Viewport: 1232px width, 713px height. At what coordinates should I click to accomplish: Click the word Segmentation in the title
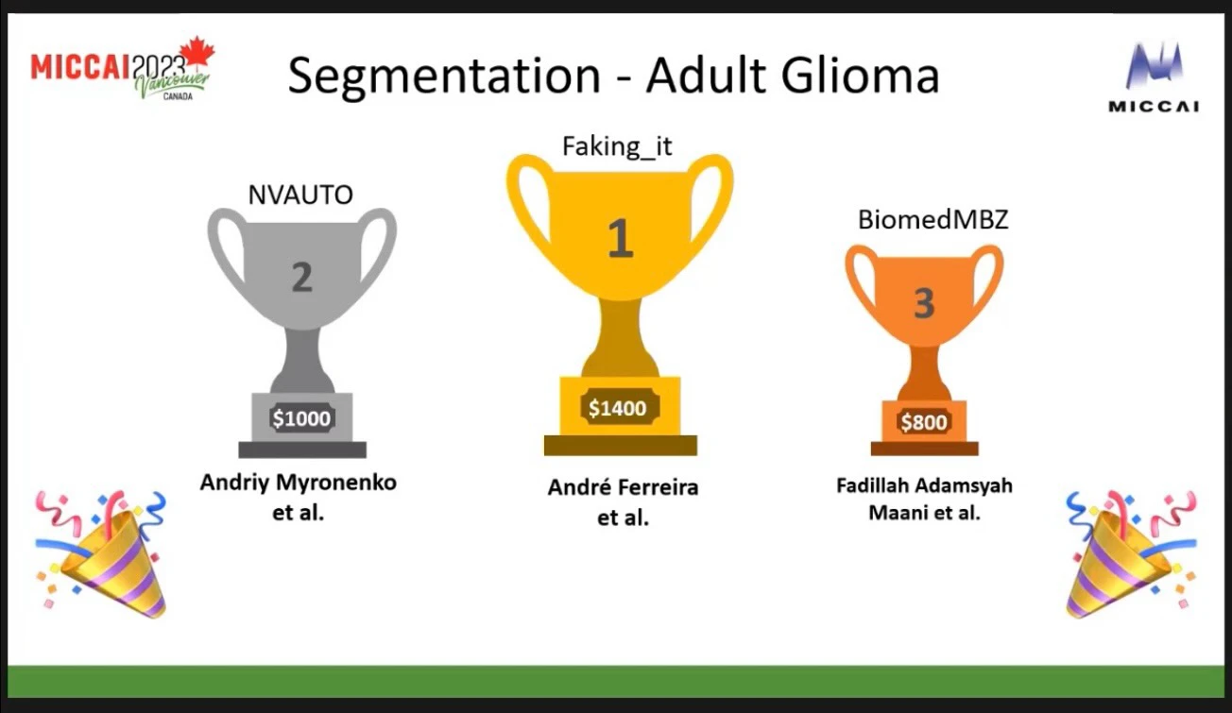click(444, 76)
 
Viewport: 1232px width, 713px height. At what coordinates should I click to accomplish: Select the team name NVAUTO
click(300, 195)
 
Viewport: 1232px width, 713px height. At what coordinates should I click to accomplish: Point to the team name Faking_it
click(617, 147)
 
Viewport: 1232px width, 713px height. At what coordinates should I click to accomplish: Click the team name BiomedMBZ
click(933, 219)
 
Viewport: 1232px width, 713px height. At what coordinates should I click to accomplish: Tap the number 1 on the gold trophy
click(621, 237)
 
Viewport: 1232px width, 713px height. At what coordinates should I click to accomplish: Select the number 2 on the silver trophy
click(302, 277)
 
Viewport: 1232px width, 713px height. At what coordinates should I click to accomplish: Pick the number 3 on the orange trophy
click(924, 303)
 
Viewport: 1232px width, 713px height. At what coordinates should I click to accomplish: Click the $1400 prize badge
click(618, 407)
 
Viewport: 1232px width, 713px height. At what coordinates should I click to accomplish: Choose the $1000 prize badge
click(301, 418)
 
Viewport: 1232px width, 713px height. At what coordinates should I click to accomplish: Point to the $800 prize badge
click(924, 421)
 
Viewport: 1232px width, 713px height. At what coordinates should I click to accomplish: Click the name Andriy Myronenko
click(299, 483)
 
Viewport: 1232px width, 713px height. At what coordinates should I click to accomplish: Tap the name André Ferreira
click(624, 487)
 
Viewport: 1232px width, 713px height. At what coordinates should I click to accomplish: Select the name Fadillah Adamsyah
click(925, 486)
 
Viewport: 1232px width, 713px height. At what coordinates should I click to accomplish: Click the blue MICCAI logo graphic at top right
click(1155, 65)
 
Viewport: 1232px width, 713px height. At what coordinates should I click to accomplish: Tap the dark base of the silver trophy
click(302, 450)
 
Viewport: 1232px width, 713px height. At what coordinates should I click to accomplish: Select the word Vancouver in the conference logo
click(172, 83)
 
